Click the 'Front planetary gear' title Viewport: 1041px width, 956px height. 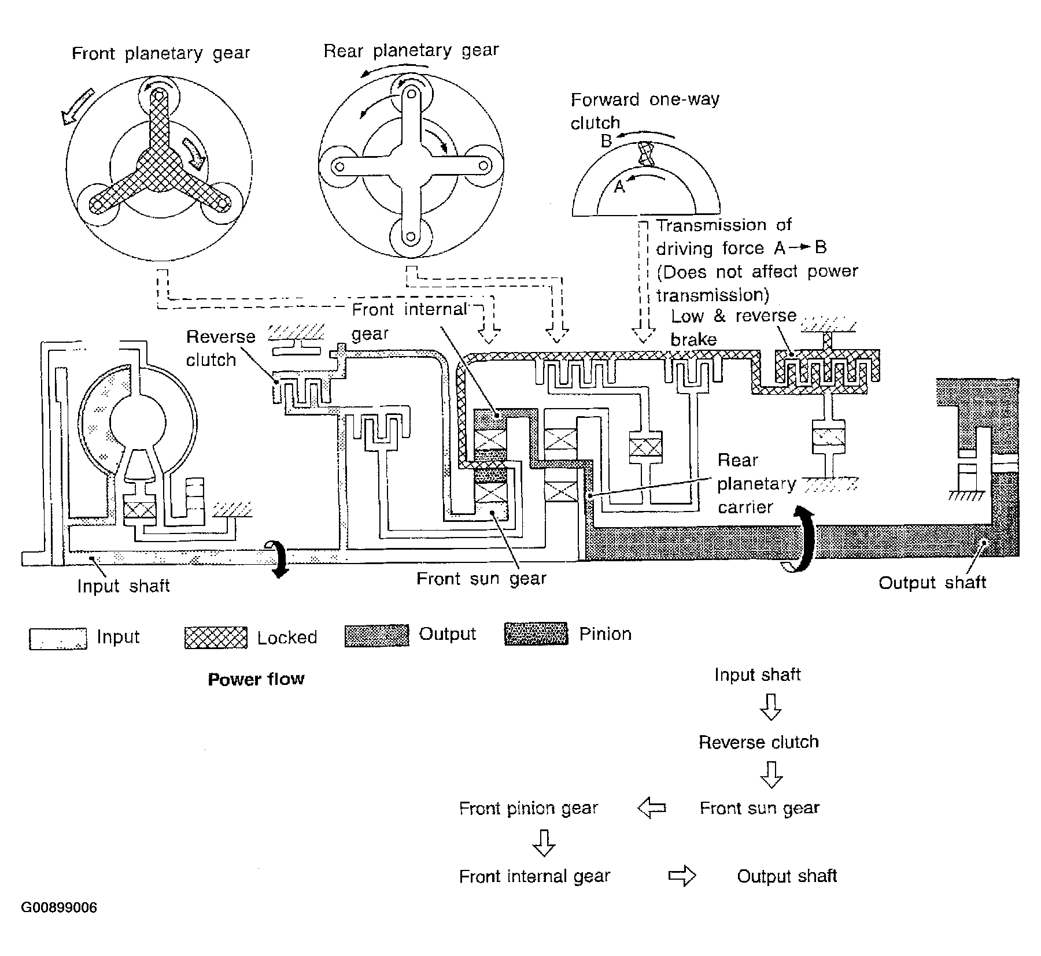[161, 53]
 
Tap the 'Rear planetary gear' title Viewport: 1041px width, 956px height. [411, 51]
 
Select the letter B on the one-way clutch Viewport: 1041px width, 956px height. [606, 140]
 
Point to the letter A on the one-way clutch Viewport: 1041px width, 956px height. [619, 186]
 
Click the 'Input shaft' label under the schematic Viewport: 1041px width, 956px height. [123, 586]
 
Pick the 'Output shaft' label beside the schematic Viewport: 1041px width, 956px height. [932, 582]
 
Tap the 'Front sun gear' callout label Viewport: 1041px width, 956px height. [481, 579]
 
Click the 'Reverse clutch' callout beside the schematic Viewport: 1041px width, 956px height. [220, 348]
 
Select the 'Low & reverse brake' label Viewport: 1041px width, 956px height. [733, 327]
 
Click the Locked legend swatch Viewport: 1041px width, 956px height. [216, 638]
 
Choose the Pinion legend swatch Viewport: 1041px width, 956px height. [536, 633]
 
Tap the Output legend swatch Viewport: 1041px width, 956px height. [376, 635]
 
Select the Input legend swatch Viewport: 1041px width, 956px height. [58, 639]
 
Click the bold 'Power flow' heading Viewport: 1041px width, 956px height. [256, 679]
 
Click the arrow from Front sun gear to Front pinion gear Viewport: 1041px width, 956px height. [652, 808]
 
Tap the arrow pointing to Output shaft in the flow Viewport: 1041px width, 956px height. [682, 876]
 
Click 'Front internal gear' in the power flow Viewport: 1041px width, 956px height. [534, 876]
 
